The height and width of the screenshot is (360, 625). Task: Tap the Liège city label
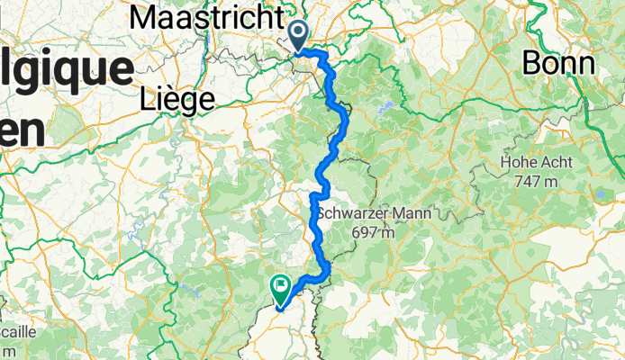(x=177, y=98)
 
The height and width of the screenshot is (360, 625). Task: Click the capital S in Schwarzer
(x=323, y=214)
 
